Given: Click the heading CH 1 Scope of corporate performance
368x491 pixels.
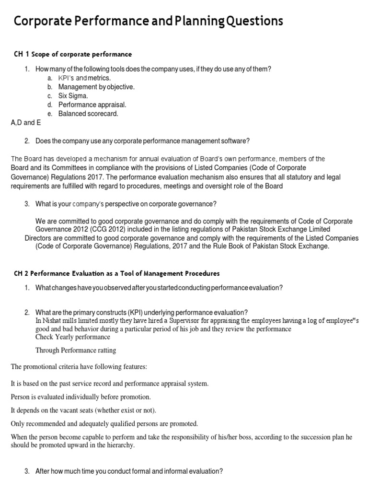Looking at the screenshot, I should pyautogui.click(x=72, y=54).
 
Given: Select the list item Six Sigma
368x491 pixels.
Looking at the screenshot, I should pyautogui.click(x=73, y=95).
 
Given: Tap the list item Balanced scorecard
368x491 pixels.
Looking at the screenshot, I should pyautogui.click(x=88, y=114).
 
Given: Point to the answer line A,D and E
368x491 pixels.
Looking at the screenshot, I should pyautogui.click(x=26, y=123).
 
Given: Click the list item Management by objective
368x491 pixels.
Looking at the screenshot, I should pyautogui.click(x=96, y=87).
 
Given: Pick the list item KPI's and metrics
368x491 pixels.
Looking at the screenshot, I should pyautogui.click(x=84, y=78).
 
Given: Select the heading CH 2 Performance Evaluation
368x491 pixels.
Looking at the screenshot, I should pyautogui.click(x=115, y=273).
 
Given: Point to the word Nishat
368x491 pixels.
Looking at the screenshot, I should pyautogui.click(x=53, y=320).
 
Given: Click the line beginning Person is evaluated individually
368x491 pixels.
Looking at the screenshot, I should pyautogui.click(x=80, y=397).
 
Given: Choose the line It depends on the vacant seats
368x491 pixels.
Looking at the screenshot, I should pyautogui.click(x=83, y=410).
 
